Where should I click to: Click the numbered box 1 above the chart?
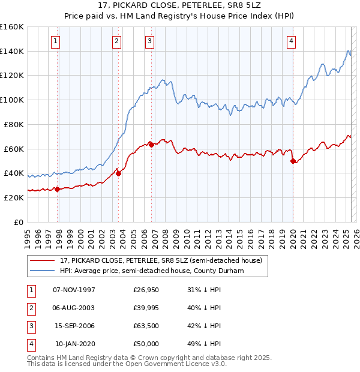[x=55, y=41]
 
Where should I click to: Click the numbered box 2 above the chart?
[x=116, y=41]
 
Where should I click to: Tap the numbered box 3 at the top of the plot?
[x=149, y=41]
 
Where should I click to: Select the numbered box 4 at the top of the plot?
[x=290, y=41]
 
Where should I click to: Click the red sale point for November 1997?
[x=58, y=189]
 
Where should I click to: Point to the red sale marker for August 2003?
[x=118, y=173]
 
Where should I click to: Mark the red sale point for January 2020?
[x=293, y=161]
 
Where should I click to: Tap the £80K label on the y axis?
[x=14, y=124]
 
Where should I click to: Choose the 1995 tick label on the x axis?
[x=27, y=235]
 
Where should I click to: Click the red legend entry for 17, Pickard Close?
[x=161, y=261]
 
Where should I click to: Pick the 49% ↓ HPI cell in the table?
[x=203, y=344]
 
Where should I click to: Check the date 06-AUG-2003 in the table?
[x=74, y=308]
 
